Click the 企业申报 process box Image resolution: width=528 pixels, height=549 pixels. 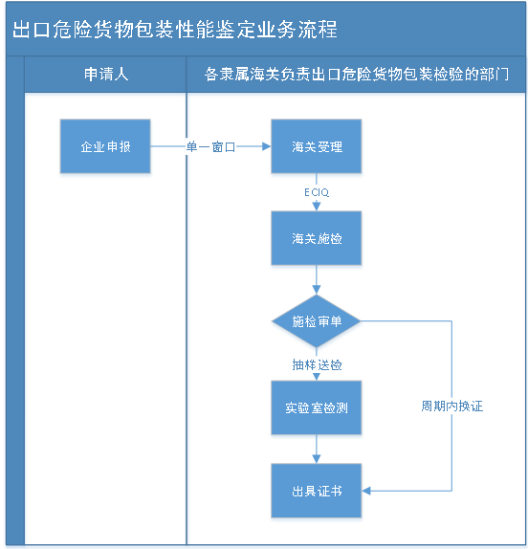coord(105,147)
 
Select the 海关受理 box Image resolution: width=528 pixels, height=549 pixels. coord(317,147)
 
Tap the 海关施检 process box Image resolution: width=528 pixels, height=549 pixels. coord(317,239)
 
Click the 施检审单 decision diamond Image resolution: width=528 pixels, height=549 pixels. coord(317,322)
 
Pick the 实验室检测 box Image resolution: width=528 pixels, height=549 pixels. coord(317,408)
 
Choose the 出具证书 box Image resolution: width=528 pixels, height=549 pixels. coord(317,492)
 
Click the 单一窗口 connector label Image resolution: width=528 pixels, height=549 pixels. coord(210,147)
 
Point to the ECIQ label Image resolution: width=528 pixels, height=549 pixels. coord(317,193)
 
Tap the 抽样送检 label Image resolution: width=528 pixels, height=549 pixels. coord(317,364)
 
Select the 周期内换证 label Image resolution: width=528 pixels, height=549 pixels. coord(451,406)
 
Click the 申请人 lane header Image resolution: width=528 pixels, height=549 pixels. coord(106,74)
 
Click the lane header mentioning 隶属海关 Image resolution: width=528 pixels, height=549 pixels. coord(357,74)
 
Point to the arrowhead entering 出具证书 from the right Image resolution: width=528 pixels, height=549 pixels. coord(369,492)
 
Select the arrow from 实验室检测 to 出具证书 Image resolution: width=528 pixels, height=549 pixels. coord(317,451)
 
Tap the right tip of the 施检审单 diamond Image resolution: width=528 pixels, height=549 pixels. coord(363,322)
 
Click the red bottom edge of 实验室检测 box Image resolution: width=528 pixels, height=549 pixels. coord(317,440)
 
